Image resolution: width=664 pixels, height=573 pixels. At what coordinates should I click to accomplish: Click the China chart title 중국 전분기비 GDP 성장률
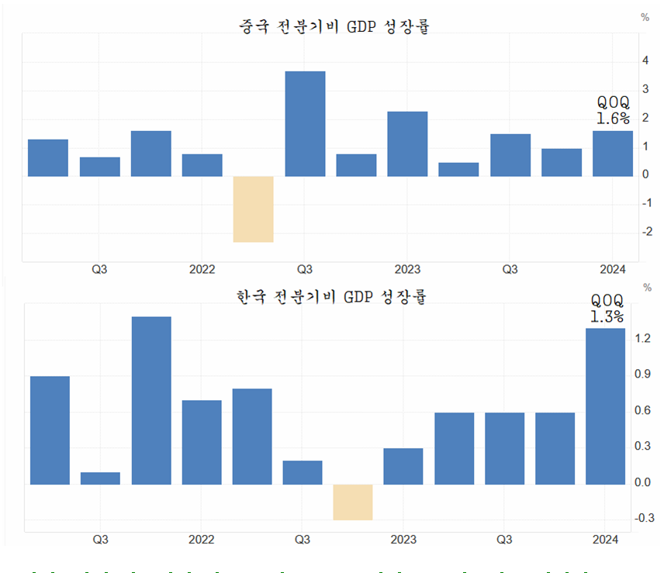click(334, 26)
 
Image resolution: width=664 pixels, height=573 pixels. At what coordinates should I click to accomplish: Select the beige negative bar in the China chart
click(253, 209)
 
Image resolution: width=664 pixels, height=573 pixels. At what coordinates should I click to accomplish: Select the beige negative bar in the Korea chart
click(353, 502)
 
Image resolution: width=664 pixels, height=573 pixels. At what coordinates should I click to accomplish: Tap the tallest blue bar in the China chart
click(305, 123)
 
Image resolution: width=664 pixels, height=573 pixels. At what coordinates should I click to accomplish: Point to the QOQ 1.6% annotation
click(612, 110)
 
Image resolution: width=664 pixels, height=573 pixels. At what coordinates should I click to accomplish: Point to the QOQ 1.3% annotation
click(607, 308)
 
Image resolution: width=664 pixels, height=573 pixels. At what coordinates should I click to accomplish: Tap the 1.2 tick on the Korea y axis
click(642, 338)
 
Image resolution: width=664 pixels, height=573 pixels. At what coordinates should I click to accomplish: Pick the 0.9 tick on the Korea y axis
click(642, 374)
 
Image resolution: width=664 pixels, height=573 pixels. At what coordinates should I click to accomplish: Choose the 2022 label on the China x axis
click(202, 269)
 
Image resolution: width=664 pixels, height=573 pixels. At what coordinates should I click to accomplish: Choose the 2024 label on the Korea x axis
click(604, 539)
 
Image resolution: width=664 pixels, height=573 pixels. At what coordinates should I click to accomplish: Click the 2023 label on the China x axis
click(407, 269)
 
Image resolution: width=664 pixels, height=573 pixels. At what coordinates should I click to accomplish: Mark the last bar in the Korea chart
click(604, 406)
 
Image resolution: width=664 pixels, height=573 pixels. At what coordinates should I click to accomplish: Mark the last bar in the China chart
click(613, 154)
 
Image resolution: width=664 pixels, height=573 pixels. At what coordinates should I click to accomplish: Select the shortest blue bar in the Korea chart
click(101, 478)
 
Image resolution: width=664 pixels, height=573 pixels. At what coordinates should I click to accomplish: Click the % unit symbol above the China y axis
click(645, 16)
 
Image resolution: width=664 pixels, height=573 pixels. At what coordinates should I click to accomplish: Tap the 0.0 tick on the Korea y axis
click(642, 482)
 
